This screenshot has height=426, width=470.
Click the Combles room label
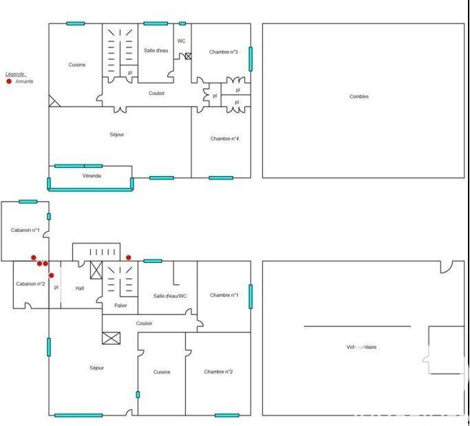359,96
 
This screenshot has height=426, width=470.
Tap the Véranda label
92,176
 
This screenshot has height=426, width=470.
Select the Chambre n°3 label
224,52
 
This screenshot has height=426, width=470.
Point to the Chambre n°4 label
224,138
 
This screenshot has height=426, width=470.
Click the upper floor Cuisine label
77,65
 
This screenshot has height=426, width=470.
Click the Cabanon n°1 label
25,230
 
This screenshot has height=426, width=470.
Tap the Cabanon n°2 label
30,284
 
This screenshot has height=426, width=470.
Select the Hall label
80,288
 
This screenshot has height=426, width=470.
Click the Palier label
120,306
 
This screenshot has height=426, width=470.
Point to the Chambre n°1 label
224,295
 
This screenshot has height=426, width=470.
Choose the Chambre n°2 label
218,372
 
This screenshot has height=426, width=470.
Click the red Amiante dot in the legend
9,81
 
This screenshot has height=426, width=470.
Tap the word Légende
15,74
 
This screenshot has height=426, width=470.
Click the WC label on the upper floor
181,41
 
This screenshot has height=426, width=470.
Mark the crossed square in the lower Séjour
111,338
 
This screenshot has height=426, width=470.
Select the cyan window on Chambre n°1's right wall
250,295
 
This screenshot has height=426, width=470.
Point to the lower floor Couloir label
145,323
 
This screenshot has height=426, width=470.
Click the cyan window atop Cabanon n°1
28,202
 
